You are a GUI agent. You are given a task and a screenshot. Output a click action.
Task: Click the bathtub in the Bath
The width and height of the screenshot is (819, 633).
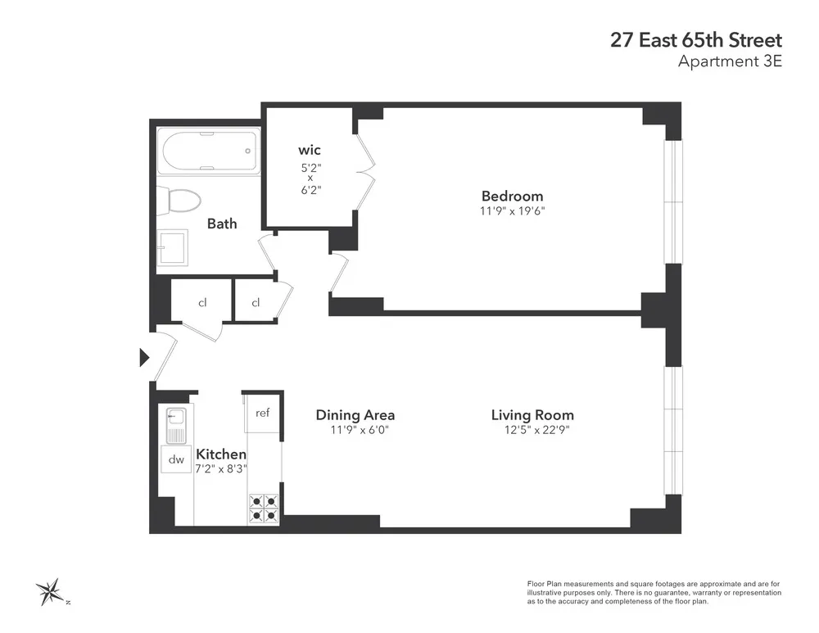point(209,151)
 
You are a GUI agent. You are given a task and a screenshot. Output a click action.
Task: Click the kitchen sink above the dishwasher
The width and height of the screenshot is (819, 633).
point(176,424)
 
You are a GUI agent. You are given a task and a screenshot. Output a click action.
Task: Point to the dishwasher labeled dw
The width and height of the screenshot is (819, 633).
point(176,460)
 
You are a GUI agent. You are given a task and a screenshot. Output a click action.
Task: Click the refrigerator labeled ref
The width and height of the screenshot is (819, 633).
point(263,414)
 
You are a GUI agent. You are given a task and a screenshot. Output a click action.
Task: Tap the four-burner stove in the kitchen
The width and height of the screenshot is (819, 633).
point(264,509)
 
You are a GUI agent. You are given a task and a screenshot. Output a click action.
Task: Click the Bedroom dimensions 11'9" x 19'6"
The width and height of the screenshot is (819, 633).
point(513,210)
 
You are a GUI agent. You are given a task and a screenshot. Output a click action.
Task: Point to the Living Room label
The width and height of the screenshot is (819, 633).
point(532,415)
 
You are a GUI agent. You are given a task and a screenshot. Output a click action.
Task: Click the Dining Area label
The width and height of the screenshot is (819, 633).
point(355,415)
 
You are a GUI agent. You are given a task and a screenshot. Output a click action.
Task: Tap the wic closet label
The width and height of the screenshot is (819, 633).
point(309,150)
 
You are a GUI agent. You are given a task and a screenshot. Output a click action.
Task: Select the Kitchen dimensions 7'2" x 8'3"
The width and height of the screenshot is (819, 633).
point(221,469)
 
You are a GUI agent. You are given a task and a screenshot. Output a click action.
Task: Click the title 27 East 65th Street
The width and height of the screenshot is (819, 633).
point(695,40)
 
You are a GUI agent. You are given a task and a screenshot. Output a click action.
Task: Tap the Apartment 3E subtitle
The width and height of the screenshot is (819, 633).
point(731,61)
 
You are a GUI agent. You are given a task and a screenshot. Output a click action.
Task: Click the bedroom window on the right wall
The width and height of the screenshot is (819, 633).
point(673,201)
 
